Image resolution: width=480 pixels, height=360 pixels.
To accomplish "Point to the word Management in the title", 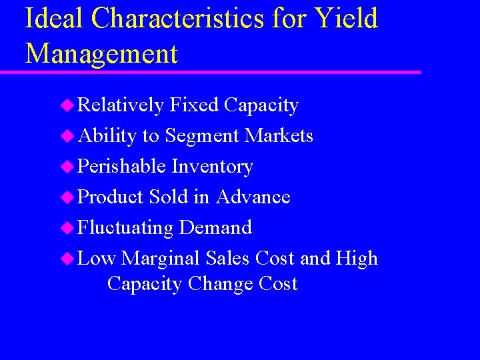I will [101, 53].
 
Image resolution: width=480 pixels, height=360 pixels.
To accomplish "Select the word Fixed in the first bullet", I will [194, 105].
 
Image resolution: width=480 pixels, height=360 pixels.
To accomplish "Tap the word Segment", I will [202, 136].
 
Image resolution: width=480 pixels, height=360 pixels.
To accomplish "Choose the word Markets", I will [279, 136].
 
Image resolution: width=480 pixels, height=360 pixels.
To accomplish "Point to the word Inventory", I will [212, 167].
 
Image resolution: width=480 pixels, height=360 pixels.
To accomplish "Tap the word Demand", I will [215, 228].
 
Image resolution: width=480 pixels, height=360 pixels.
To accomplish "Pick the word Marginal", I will [161, 259].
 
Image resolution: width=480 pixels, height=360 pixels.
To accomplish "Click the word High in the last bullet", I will [357, 259].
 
